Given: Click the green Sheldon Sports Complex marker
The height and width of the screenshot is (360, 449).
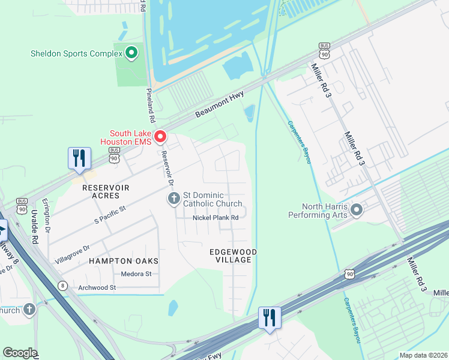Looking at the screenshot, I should click(131, 53).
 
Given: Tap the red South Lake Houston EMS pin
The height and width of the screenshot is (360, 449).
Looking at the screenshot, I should click(160, 137).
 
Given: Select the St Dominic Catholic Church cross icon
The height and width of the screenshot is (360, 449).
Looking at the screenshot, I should click(174, 199).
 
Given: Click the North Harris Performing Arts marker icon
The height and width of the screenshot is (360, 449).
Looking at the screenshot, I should click(357, 210).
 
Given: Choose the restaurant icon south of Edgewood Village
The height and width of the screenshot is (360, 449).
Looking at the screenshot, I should click(270, 317).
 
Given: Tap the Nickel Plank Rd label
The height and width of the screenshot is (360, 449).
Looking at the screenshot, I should click(215, 217).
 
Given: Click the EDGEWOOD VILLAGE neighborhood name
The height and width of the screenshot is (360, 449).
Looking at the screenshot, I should click(234, 256).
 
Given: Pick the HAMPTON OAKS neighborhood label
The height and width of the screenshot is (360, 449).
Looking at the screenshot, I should click(124, 261).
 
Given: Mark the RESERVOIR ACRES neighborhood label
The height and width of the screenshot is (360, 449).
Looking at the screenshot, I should click(106, 188).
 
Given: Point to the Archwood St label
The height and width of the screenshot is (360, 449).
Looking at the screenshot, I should click(97, 287).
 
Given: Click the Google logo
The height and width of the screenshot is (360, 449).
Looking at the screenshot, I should click(20, 352).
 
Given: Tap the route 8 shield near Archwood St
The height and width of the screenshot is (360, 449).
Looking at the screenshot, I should click(62, 286).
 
